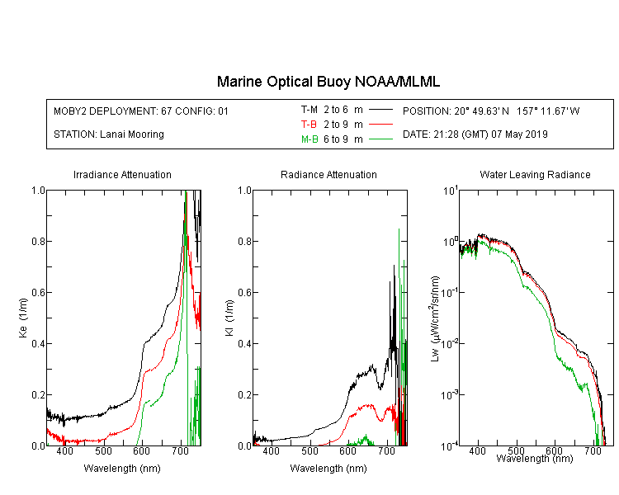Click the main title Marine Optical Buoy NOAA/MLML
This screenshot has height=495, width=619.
[328, 82]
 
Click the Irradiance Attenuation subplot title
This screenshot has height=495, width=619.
[122, 174]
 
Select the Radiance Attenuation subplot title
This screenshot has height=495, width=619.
[328, 174]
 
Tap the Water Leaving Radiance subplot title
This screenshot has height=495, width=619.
[535, 174]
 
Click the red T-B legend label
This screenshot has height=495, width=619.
[309, 125]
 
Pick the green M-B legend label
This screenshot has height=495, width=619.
[309, 139]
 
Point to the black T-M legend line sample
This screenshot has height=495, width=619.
[380, 110]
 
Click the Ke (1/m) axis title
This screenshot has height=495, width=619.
[23, 318]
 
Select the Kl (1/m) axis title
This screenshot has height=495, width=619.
[229, 318]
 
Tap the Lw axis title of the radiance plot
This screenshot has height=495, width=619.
[435, 318]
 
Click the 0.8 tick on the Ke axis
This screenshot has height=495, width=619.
[38, 241]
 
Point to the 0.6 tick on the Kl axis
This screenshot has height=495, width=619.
[244, 293]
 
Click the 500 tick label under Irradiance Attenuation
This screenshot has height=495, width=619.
[103, 450]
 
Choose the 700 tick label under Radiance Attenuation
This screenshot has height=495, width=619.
[387, 450]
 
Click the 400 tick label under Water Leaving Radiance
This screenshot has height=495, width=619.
[478, 450]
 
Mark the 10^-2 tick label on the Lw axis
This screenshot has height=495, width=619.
[450, 344]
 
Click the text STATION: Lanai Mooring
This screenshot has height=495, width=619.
[109, 134]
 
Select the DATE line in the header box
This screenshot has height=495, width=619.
[475, 134]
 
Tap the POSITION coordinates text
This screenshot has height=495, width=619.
[491, 111]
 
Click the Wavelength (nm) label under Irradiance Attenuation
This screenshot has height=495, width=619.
[122, 469]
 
